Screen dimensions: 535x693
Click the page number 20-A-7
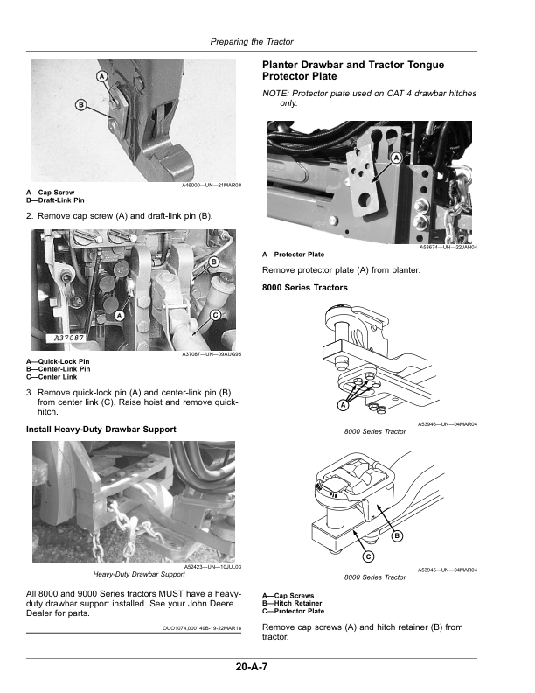tap(252, 667)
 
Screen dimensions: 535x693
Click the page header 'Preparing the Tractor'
tap(252, 42)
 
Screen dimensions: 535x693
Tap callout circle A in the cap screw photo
tap(102, 76)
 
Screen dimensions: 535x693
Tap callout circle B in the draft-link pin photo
tap(80, 105)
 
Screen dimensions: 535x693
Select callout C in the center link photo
tap(215, 315)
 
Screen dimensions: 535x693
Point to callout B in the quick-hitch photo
tap(213, 262)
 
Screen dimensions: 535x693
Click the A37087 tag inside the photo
tap(69, 338)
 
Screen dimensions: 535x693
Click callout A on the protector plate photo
tap(396, 157)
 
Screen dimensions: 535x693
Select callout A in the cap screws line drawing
tap(343, 405)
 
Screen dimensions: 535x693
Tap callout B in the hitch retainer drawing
tap(397, 536)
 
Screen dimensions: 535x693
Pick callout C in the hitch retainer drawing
tap(368, 556)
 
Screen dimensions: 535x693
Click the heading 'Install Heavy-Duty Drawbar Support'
tap(101, 430)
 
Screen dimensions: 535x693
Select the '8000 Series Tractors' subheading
tap(305, 288)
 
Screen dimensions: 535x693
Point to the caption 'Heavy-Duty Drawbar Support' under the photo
tap(139, 574)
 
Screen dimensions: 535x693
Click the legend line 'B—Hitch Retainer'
tap(292, 603)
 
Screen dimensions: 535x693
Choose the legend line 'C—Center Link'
tap(52, 377)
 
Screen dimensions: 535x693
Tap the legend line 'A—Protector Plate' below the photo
tap(293, 255)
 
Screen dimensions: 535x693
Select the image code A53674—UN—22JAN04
tap(448, 248)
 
